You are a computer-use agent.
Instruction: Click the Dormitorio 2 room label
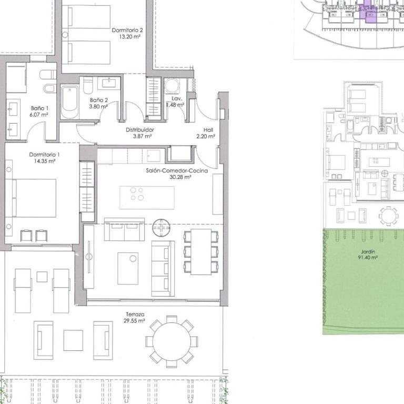(127, 30)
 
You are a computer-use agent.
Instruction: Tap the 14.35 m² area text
(45, 161)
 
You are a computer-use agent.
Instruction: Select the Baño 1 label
(39, 108)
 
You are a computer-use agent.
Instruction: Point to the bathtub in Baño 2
(69, 102)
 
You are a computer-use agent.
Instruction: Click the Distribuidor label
(140, 130)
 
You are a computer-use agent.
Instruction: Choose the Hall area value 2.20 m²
(206, 136)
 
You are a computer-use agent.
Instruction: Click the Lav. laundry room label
(177, 98)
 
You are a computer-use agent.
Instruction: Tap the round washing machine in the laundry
(172, 86)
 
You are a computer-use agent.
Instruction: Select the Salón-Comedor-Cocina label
(177, 170)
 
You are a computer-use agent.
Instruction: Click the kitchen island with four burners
(147, 198)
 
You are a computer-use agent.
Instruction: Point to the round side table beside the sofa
(161, 228)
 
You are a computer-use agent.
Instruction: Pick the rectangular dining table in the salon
(201, 252)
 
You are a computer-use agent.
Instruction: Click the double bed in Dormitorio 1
(34, 198)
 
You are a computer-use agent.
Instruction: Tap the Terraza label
(135, 315)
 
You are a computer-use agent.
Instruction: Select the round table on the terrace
(171, 341)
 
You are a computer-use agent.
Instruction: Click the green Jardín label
(368, 251)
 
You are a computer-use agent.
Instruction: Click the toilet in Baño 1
(48, 75)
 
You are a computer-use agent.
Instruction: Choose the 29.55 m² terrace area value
(134, 321)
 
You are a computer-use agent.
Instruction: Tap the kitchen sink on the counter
(154, 156)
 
